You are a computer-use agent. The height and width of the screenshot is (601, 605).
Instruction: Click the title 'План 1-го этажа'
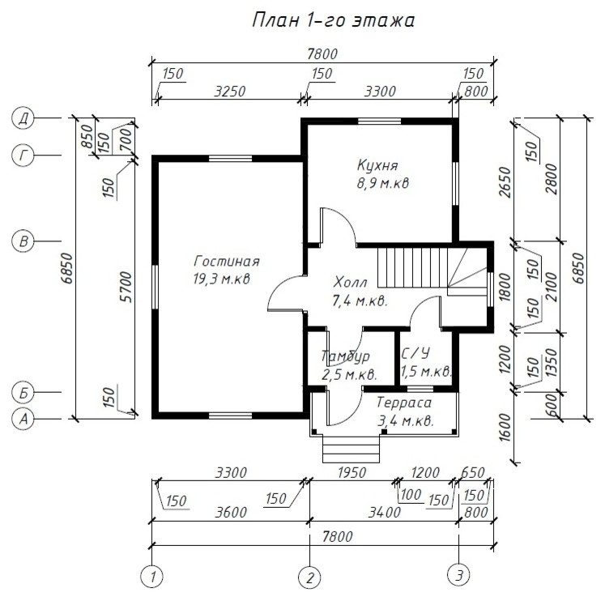pos(334,20)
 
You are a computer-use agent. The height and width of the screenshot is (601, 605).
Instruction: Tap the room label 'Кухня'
pos(377,165)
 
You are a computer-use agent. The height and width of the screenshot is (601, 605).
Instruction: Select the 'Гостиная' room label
pos(227,261)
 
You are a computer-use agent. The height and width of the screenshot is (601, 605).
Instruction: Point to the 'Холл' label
pos(350,283)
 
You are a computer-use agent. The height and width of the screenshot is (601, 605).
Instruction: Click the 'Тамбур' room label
pos(345,356)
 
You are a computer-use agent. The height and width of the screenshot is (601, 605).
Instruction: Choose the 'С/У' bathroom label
pos(416,354)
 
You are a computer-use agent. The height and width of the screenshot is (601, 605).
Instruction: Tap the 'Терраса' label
pos(404,403)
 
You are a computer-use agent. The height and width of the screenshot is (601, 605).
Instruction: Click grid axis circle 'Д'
pos(23,117)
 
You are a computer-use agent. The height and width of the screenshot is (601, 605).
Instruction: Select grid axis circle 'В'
pos(23,241)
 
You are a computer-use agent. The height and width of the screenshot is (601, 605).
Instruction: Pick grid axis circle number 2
pos(309,578)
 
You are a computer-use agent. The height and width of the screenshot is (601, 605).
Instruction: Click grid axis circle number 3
pos(458,575)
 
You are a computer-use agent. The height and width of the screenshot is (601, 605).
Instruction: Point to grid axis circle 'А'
pos(23,419)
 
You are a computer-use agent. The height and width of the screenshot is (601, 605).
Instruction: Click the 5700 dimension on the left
pos(127,287)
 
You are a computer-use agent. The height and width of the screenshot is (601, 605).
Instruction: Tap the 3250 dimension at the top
pos(230,92)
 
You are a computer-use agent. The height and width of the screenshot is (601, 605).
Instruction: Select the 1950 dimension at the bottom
pos(351,472)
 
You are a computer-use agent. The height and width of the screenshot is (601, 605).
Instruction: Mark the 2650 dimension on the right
pos(505,182)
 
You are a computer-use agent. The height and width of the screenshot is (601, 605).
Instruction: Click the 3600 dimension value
pos(231,512)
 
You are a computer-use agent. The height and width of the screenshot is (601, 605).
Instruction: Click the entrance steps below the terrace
pos(351,449)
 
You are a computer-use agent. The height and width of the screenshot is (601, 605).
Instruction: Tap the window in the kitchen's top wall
pos(380,121)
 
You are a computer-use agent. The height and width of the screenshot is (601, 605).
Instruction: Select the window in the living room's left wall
pos(156,287)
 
